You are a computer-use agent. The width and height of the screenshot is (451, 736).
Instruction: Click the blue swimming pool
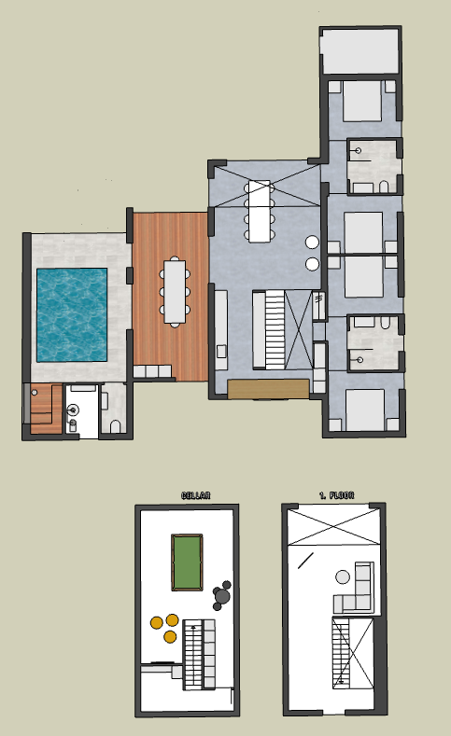[72, 314]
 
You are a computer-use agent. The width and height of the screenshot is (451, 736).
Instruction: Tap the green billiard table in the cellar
[187, 562]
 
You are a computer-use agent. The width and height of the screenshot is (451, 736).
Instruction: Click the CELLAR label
[196, 495]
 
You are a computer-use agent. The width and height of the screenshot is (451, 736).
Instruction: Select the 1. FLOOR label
[336, 495]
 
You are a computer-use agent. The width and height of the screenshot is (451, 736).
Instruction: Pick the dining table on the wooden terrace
[175, 291]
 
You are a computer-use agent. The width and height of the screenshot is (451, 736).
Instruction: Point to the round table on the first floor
[343, 576]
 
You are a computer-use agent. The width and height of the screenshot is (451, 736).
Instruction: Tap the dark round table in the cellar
[221, 597]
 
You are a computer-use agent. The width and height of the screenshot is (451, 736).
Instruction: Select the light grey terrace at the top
[359, 50]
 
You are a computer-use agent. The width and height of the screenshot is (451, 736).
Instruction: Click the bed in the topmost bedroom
[361, 101]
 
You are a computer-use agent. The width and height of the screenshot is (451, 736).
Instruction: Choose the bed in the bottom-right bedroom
[365, 410]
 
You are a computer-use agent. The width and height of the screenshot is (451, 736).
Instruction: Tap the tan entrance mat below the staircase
[268, 389]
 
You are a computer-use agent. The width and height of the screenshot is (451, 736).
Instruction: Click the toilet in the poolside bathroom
[116, 426]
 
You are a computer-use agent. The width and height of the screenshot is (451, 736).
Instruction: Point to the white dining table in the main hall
[260, 211]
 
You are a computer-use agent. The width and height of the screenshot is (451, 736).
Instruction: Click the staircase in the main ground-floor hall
[275, 329]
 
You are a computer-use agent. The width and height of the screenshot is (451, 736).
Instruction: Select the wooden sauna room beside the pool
[46, 409]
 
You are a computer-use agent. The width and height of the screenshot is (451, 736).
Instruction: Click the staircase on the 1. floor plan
[342, 653]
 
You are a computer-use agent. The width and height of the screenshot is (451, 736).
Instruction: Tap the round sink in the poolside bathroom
[73, 410]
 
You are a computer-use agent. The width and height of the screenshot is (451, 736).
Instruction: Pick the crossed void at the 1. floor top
[333, 527]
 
